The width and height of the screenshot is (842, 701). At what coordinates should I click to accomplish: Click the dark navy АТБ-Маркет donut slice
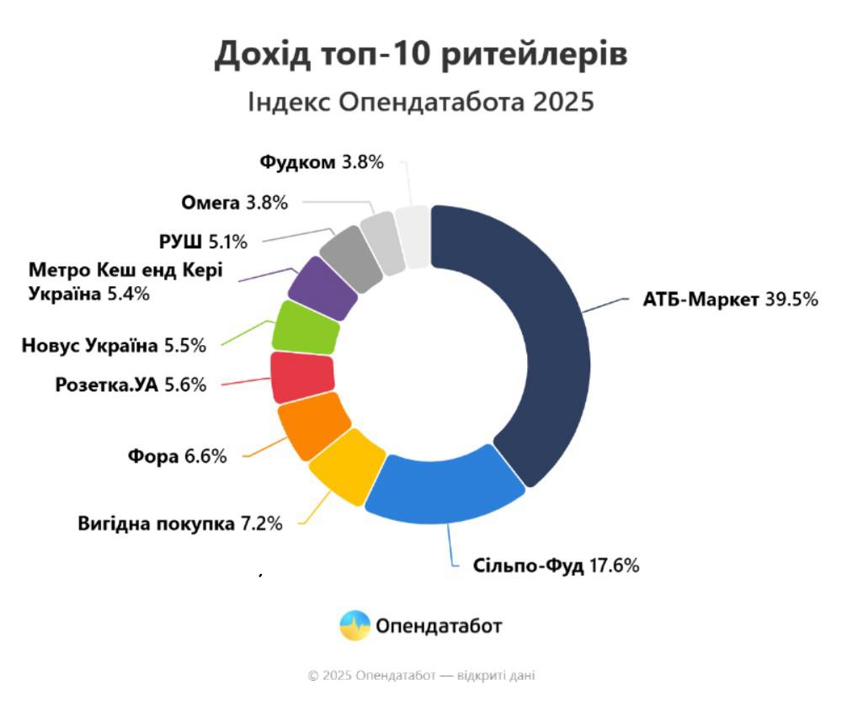click(x=539, y=337)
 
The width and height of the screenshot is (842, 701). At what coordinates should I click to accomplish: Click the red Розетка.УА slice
click(x=301, y=378)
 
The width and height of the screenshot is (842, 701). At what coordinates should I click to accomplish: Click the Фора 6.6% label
click(x=178, y=457)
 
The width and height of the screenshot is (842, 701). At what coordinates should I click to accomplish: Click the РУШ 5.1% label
click(x=203, y=242)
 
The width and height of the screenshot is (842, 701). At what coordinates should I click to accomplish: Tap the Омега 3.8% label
click(x=235, y=202)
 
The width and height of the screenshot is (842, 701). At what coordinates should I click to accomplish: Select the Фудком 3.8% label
click(x=322, y=162)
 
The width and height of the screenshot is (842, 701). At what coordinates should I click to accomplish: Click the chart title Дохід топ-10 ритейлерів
click(x=421, y=55)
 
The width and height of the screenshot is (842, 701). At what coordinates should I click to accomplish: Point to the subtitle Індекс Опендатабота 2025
click(x=421, y=103)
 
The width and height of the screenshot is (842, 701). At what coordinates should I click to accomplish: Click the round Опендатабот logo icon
click(x=354, y=626)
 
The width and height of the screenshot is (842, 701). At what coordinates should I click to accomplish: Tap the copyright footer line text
click(x=421, y=675)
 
